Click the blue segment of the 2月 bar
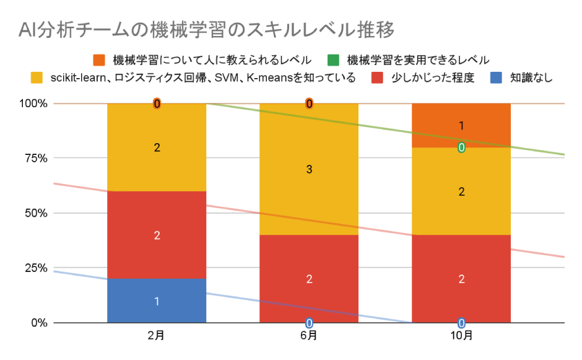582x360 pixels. click(x=156, y=301)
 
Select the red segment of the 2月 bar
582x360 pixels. click(x=156, y=235)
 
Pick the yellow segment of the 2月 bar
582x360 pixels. click(x=156, y=147)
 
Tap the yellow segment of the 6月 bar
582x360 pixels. click(x=308, y=169)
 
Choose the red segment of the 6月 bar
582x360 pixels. click(x=308, y=279)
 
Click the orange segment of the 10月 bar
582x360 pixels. click(x=461, y=125)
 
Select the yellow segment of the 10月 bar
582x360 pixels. click(x=461, y=191)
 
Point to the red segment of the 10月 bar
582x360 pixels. click(x=461, y=279)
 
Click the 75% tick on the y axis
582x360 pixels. click(x=35, y=158)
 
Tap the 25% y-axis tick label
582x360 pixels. click(x=35, y=268)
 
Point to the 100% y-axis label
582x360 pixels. click(x=33, y=103)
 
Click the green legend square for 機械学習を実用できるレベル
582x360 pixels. click(x=334, y=60)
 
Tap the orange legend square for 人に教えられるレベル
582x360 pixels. click(x=100, y=60)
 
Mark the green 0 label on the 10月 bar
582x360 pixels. click(x=461, y=147)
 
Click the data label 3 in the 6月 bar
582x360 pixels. click(x=308, y=169)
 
